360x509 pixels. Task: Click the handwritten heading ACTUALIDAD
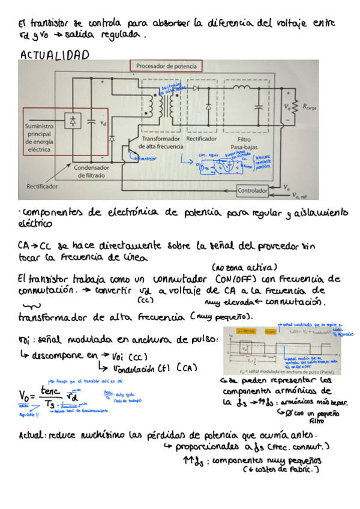[x=55, y=56]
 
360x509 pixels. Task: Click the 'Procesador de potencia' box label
[x=166, y=66]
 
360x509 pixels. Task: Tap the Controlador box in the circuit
[x=252, y=191]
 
